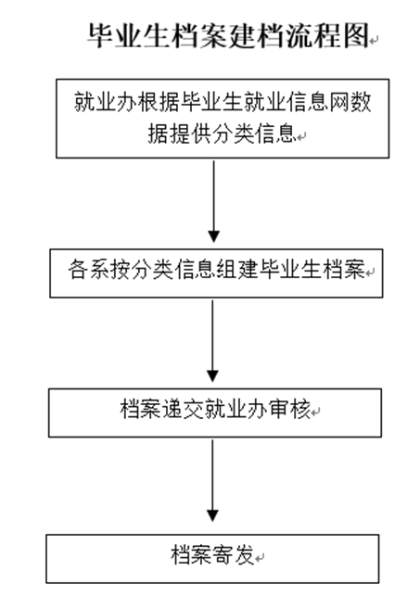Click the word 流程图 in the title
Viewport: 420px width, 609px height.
pos(325,36)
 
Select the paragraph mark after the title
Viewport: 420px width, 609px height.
pos(375,39)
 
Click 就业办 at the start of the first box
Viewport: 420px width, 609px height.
pos(104,102)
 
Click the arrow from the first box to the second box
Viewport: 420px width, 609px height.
pos(214,199)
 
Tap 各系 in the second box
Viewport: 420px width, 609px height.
pos(88,270)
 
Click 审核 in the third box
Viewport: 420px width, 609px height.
pos(293,407)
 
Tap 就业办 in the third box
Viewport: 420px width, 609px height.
pos(235,407)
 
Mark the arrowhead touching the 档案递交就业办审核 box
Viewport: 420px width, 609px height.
pos(214,375)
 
